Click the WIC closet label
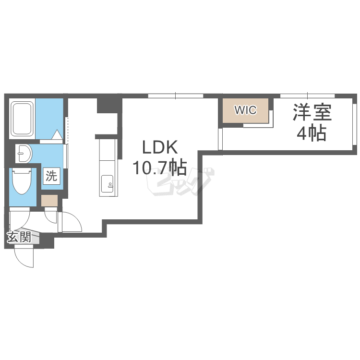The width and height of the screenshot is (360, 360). (x=245, y=110)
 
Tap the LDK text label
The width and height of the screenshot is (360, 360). (x=160, y=147)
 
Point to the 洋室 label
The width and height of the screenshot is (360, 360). (x=312, y=112)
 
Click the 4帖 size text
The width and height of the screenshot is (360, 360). (x=312, y=133)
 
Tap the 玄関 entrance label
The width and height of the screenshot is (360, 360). (x=19, y=237)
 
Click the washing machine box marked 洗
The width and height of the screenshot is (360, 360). (x=51, y=176)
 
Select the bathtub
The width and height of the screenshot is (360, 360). (x=22, y=119)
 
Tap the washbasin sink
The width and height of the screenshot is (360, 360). (x=24, y=154)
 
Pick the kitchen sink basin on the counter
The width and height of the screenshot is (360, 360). (x=107, y=184)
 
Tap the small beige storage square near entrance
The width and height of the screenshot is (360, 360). (x=49, y=201)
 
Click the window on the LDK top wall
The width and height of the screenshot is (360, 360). (x=176, y=96)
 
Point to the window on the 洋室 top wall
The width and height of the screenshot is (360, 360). (x=308, y=96)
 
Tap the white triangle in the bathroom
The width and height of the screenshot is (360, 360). (x=57, y=134)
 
